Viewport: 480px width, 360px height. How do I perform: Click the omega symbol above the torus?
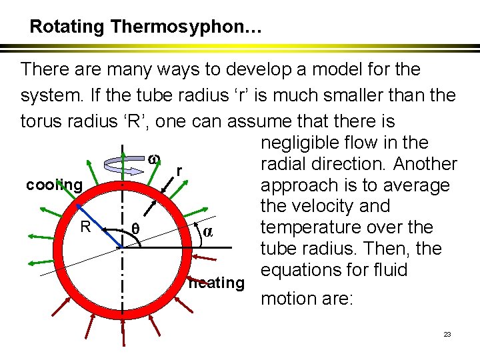pyautogui.click(x=152, y=159)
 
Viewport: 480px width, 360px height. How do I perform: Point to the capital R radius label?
pyautogui.click(x=85, y=227)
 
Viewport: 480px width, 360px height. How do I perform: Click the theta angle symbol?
pyautogui.click(x=135, y=229)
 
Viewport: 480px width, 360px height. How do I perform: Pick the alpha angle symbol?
pyautogui.click(x=207, y=232)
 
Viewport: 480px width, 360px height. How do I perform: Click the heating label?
pyautogui.click(x=217, y=283)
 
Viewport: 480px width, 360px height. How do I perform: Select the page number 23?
pyautogui.click(x=447, y=334)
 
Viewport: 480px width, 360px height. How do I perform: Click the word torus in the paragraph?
pyautogui.click(x=41, y=121)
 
